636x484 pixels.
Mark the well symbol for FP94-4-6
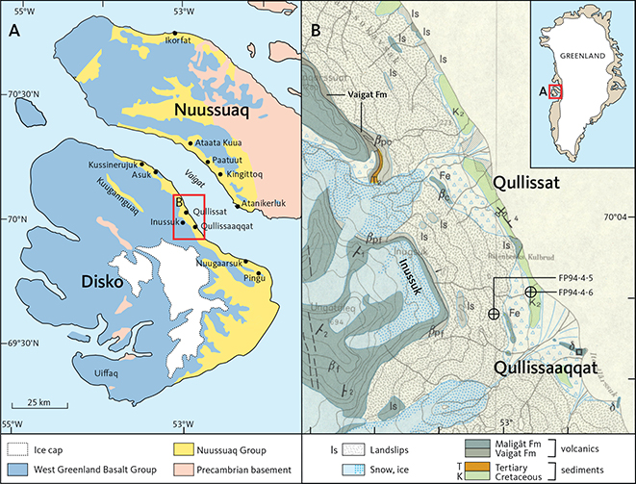pyautogui.click(x=530, y=292)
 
